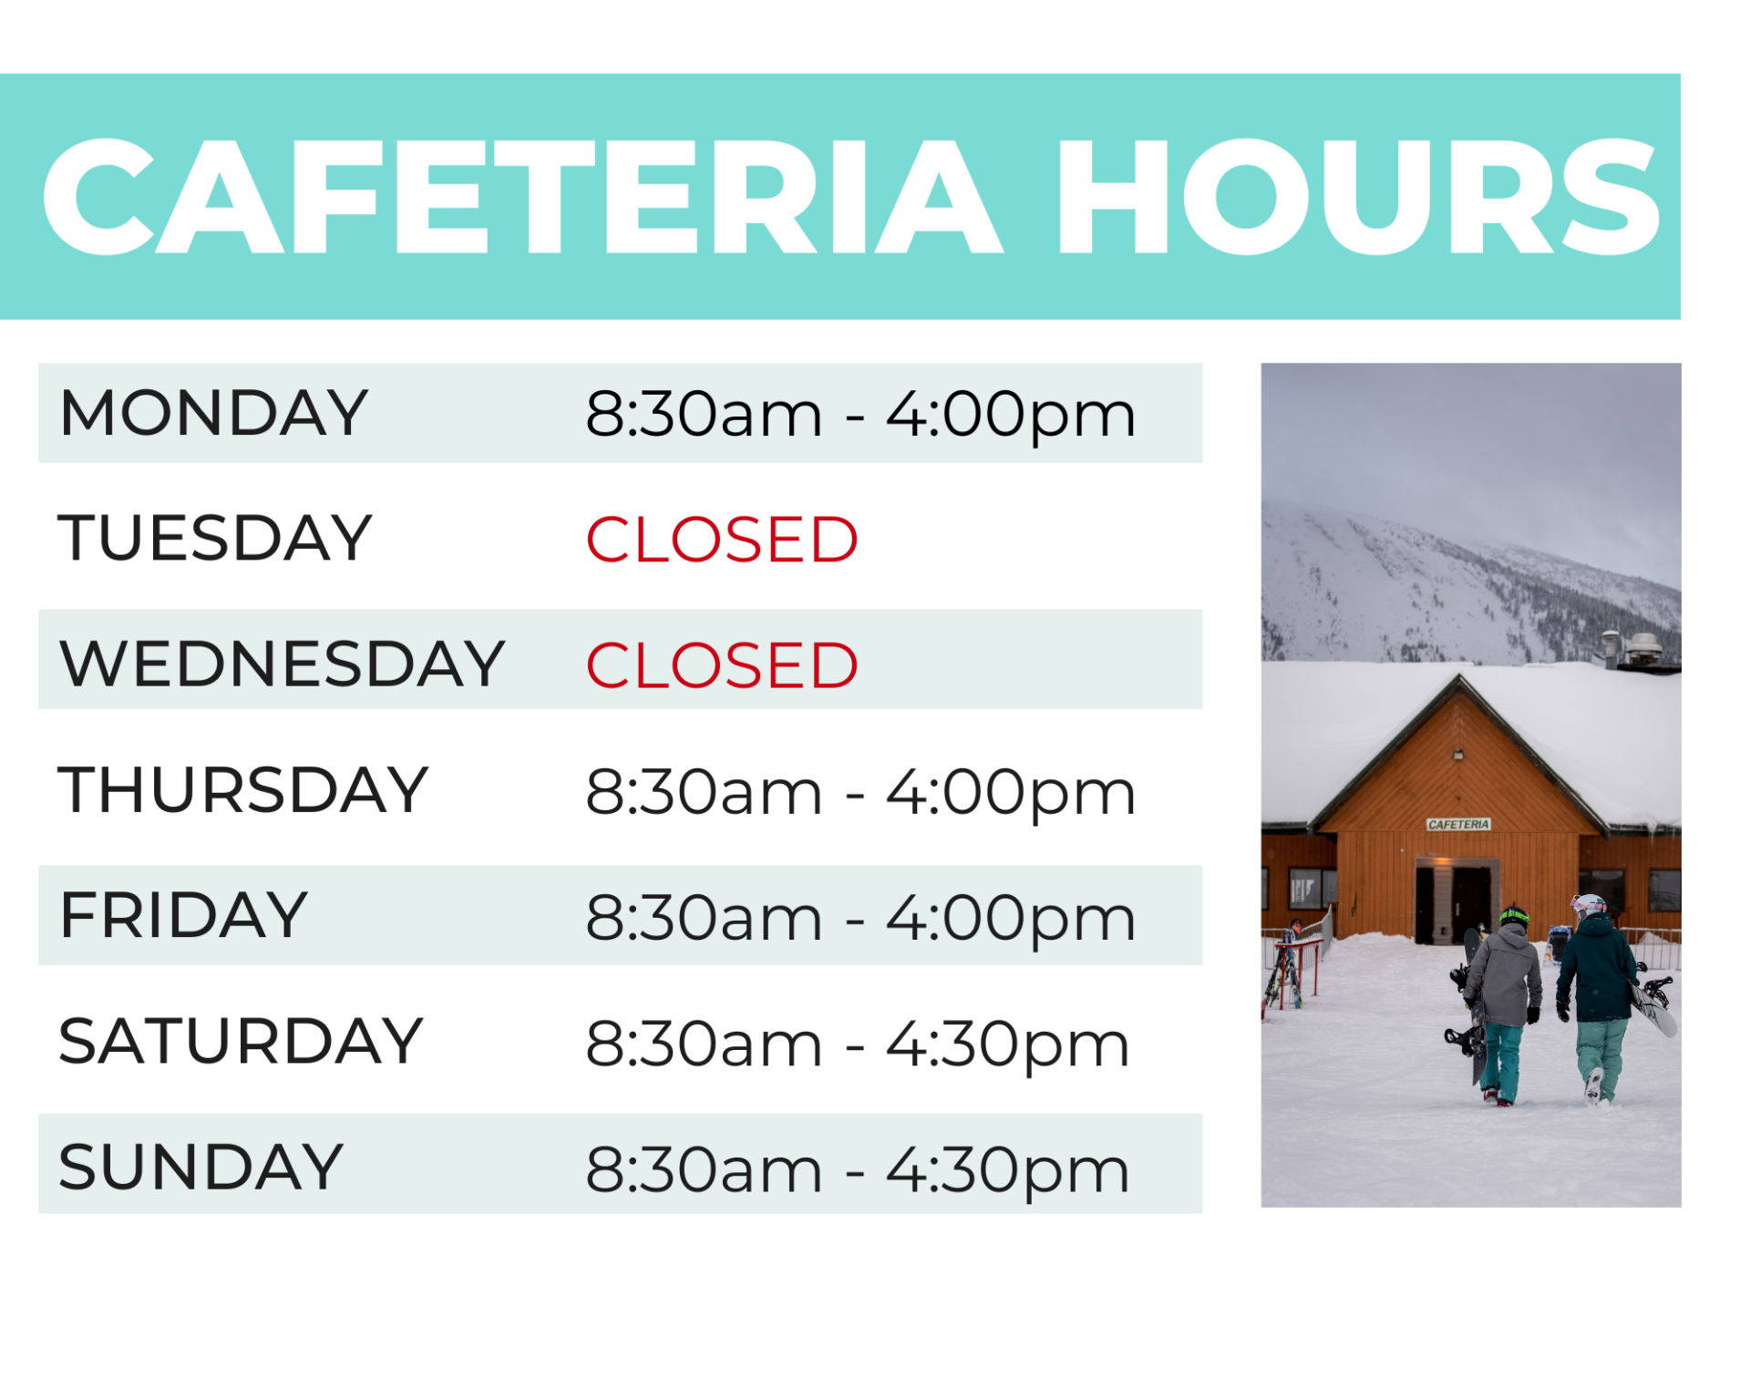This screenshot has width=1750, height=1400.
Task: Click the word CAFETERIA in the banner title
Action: pyautogui.click(x=522, y=197)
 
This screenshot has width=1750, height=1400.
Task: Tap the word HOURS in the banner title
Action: pyautogui.click(x=1358, y=197)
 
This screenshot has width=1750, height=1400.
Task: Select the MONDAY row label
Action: pyautogui.click(x=213, y=413)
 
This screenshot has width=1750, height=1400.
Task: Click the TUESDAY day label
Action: pyautogui.click(x=215, y=538)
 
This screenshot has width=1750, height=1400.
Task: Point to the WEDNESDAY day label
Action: pyautogui.click(x=282, y=664)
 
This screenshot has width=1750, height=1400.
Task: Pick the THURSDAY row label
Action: pyautogui.click(x=243, y=789)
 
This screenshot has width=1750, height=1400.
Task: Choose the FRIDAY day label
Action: pyautogui.click(x=184, y=915)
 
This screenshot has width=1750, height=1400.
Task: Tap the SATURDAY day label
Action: pyautogui.click(x=241, y=1041)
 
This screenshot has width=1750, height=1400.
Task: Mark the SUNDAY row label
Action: pyautogui.click(x=201, y=1167)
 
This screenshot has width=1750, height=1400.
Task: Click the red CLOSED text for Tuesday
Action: pyautogui.click(x=722, y=540)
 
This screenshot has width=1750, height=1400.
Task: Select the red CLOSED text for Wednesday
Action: pyautogui.click(x=722, y=665)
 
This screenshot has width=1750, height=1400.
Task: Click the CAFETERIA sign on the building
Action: pyautogui.click(x=1458, y=824)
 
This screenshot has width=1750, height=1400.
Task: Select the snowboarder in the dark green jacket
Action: pyautogui.click(x=1597, y=998)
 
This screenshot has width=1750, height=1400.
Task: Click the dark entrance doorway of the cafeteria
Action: pyautogui.click(x=1454, y=902)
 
